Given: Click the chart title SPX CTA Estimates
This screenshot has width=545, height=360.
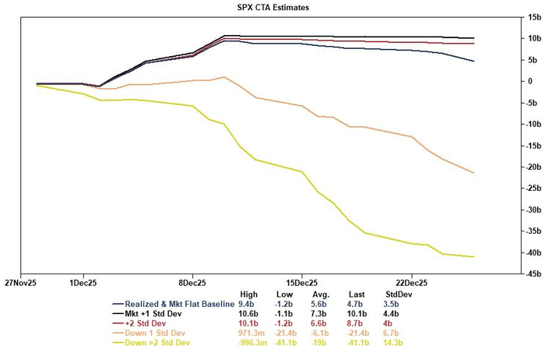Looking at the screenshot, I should click(272, 7).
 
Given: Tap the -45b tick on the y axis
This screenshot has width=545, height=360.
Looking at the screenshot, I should click(512, 274).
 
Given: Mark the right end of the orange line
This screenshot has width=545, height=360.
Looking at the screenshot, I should click(474, 173).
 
